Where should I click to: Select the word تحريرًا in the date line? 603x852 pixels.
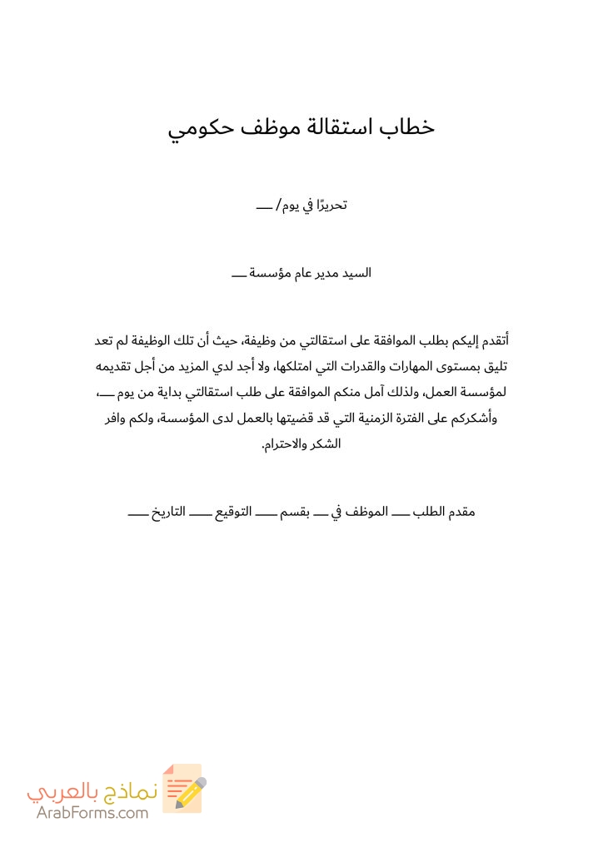325,204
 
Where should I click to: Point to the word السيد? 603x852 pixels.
356,272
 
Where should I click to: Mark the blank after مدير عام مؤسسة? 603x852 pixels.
238,273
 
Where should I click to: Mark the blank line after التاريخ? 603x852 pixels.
137,513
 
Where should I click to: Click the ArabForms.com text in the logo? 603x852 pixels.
92,813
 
